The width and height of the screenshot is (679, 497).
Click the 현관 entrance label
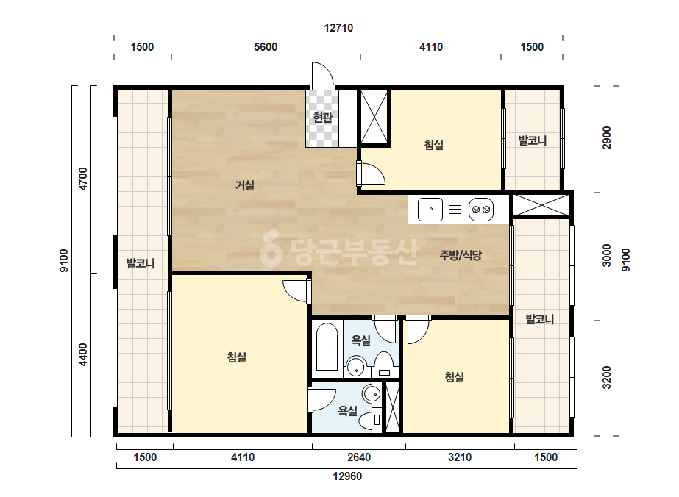click(x=323, y=117)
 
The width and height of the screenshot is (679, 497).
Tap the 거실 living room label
click(x=245, y=185)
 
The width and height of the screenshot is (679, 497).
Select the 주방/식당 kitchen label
click(x=461, y=255)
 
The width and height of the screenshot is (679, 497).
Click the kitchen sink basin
click(x=430, y=210)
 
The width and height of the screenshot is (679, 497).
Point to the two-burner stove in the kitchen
click(x=481, y=210)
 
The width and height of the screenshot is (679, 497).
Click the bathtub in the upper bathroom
click(x=327, y=347)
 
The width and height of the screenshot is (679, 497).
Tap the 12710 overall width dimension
click(x=338, y=28)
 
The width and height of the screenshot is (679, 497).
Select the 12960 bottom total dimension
click(x=347, y=476)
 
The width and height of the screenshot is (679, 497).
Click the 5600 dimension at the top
click(x=266, y=47)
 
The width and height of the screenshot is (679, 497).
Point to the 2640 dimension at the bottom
click(x=359, y=457)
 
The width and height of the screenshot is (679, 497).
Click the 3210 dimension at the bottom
click(x=460, y=457)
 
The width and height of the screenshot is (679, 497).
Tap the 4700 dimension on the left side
click(x=82, y=179)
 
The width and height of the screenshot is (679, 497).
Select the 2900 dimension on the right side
click(x=607, y=137)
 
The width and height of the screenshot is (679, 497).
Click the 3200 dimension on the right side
click(x=607, y=377)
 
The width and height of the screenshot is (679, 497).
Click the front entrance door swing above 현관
click(x=323, y=75)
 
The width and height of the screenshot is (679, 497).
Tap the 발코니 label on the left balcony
click(x=141, y=263)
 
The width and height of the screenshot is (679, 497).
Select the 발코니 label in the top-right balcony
click(x=533, y=140)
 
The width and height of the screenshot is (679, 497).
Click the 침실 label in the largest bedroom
click(x=237, y=357)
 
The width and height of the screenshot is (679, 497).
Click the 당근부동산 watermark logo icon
click(x=270, y=248)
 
